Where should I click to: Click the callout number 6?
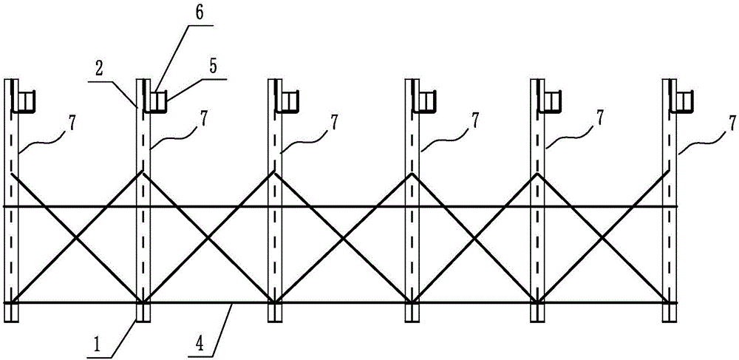(200, 13)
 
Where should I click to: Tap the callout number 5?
(213, 67)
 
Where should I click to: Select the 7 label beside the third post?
(334, 121)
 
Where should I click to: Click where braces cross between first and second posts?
(76, 238)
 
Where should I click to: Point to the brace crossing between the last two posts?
(602, 238)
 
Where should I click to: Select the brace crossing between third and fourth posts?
(342, 238)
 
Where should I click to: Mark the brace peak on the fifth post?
(537, 174)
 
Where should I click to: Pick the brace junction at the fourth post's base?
(412, 301)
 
